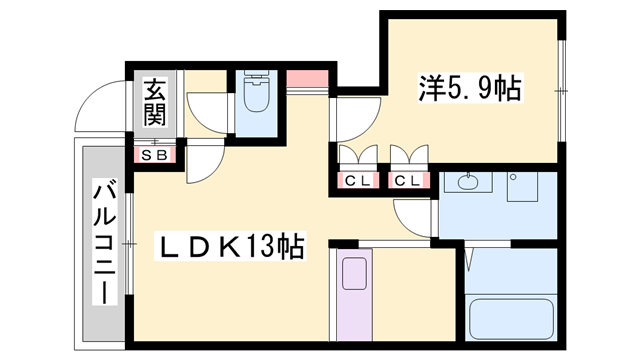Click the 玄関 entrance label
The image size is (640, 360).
click(x=154, y=101)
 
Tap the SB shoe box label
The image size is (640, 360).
click(x=155, y=155)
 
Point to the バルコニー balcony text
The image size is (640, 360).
click(x=103, y=241)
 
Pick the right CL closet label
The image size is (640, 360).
click(x=406, y=180)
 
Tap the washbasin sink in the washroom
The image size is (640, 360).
click(x=467, y=183)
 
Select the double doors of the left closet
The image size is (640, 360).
click(x=357, y=156)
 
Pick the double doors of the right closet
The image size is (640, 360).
click(x=407, y=156)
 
